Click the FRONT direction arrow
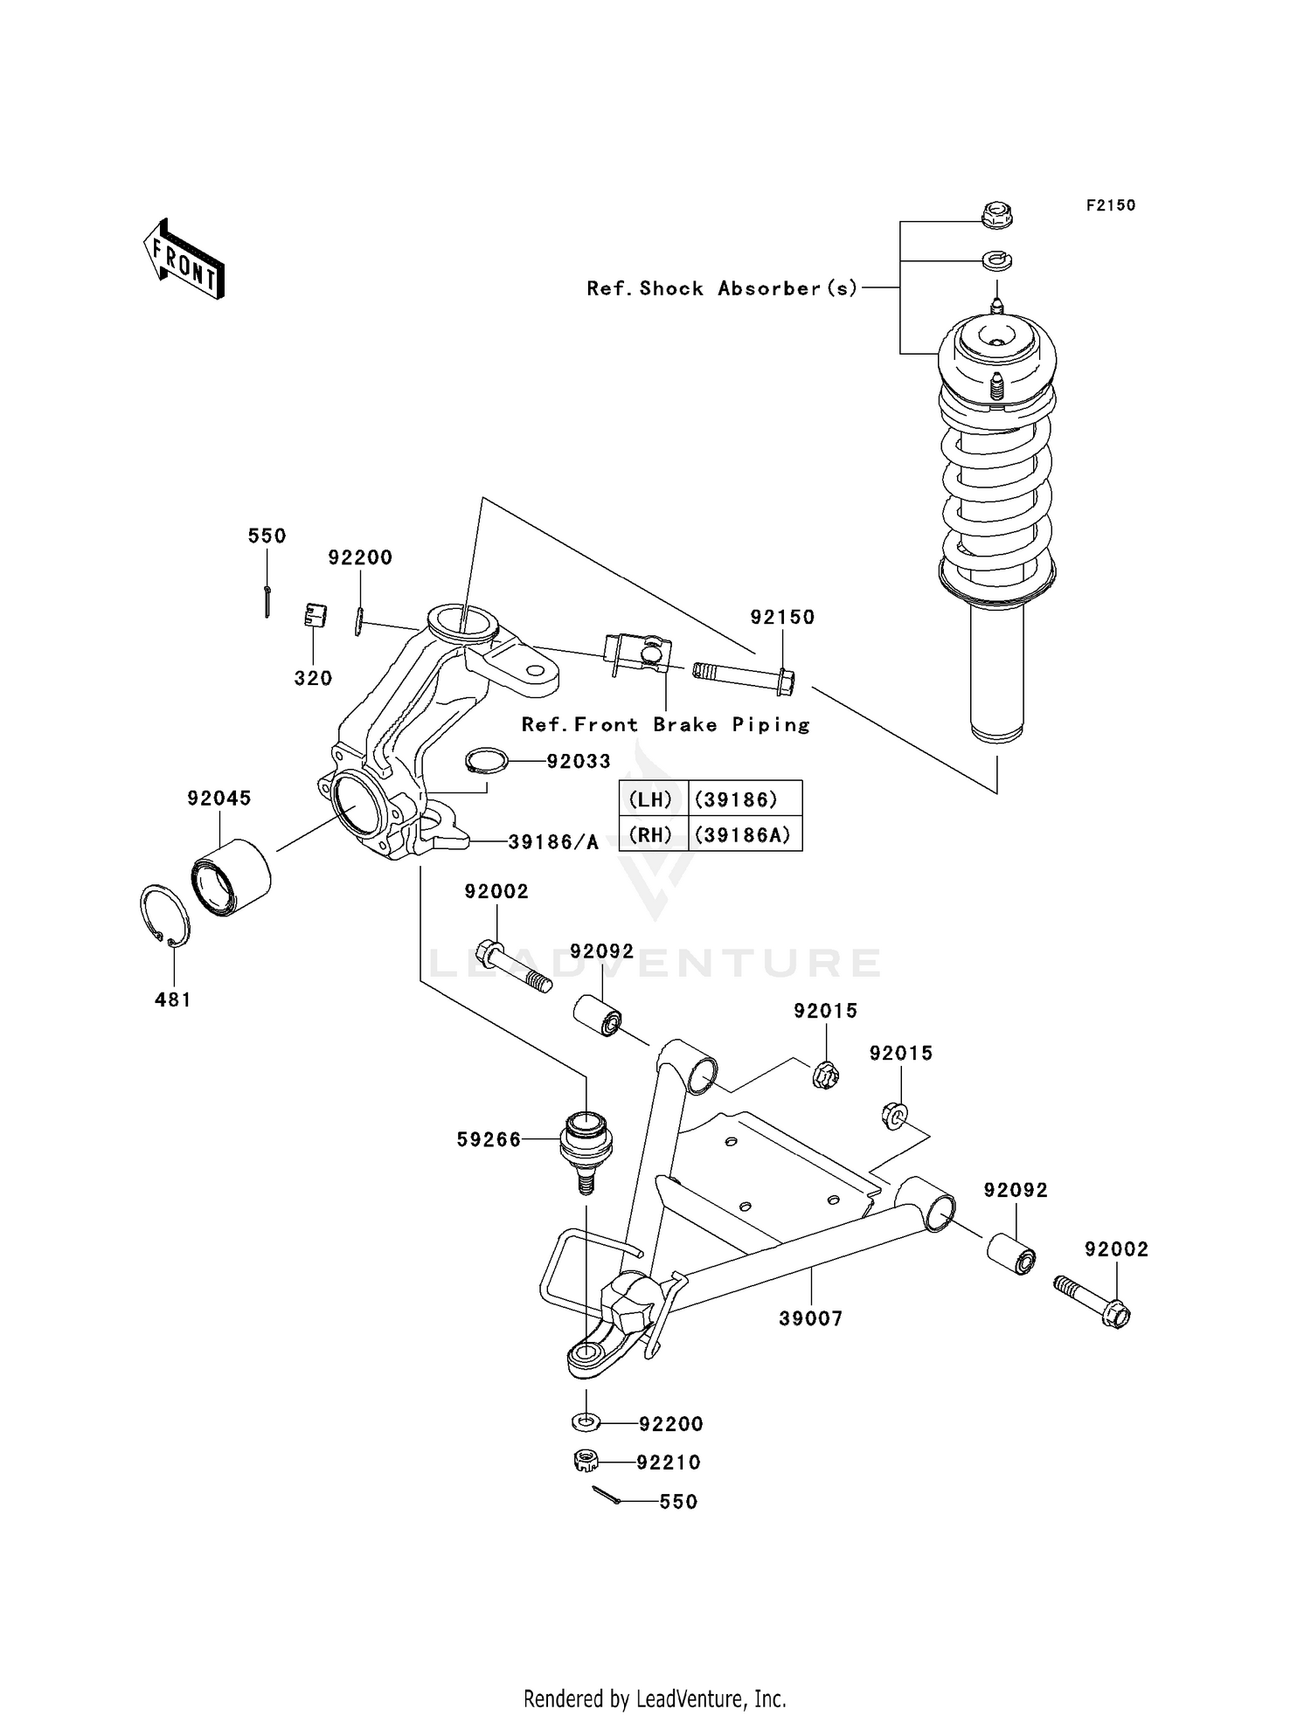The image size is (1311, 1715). click(x=184, y=259)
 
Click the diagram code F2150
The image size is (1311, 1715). click(x=1110, y=205)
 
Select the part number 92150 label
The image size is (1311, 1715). click(x=782, y=617)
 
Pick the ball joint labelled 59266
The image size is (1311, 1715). click(x=586, y=1146)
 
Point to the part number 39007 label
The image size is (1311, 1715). click(x=810, y=1318)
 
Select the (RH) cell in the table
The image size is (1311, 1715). click(x=652, y=834)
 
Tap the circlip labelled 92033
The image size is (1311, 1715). click(x=487, y=760)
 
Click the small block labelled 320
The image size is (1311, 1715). click(x=315, y=615)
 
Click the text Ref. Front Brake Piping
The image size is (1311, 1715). click(x=666, y=724)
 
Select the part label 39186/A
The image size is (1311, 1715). click(x=553, y=842)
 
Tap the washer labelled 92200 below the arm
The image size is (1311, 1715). click(x=586, y=1422)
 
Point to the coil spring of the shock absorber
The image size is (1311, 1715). click(x=996, y=489)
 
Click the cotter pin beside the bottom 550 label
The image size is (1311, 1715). click(x=606, y=1496)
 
